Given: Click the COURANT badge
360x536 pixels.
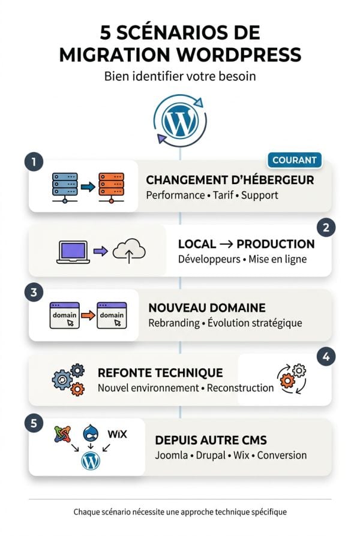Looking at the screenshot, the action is coord(294,160).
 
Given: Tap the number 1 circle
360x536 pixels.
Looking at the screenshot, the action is coord(34,161).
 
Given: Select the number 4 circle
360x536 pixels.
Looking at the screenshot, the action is coord(326,357).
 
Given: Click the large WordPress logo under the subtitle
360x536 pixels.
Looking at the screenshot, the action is coord(180,121).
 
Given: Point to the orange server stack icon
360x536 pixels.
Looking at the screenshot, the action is coord(111,188).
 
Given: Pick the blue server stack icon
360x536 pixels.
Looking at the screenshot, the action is coord(65,188).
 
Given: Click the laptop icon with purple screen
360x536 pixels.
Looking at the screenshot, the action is coord(73,252).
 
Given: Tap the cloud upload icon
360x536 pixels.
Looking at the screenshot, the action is coord(129,251).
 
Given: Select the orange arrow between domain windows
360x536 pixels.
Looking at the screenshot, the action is coord(88,315).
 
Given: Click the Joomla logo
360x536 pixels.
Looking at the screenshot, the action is coord(62,434).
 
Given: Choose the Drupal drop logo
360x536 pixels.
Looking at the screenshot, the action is coord(91,433).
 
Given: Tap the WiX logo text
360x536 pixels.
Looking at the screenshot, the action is coord(118,434).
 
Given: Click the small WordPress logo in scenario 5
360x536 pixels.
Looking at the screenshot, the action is coord(91,461).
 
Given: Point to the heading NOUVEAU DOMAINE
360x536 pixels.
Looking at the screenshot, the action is coord(206,308).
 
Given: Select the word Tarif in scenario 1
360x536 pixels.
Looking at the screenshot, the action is coord(223,195).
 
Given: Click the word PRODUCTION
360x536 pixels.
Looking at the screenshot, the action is coord(275,244).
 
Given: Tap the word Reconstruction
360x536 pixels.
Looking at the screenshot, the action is coord(240,388).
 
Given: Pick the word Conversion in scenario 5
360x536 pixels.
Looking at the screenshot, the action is coord(281,455).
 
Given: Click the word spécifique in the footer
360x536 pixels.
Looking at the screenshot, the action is coord(269,512).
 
